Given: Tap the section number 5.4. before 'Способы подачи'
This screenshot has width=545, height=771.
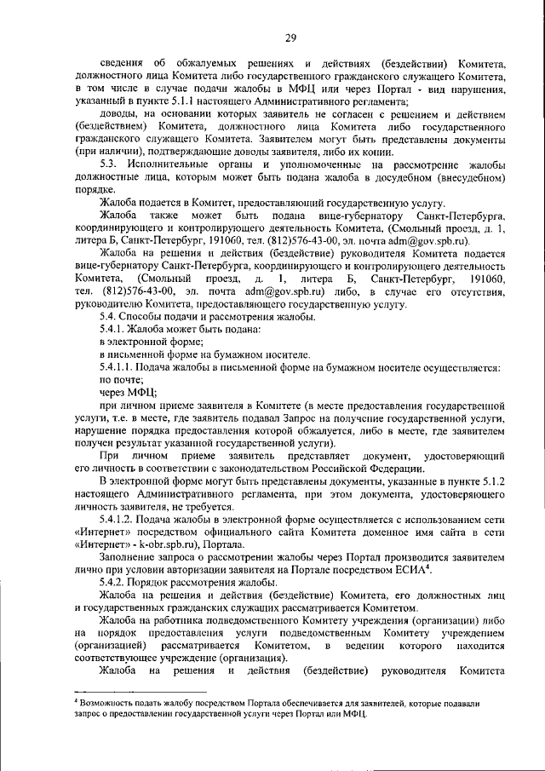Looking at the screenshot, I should (x=111, y=317).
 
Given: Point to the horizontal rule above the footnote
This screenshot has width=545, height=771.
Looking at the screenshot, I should (x=145, y=693).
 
